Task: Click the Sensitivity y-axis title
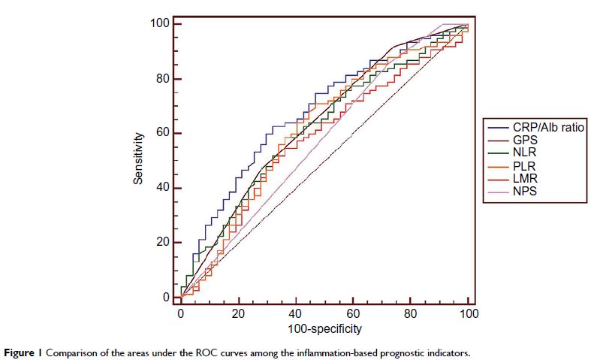click(x=138, y=160)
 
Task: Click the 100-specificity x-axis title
click(x=324, y=328)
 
